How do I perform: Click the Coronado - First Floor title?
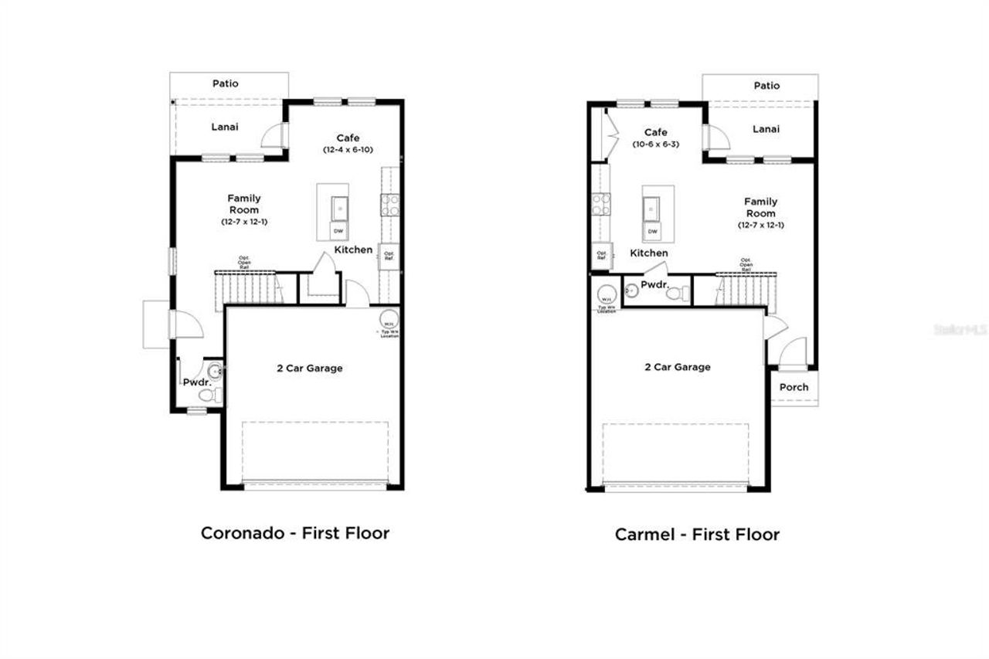294,532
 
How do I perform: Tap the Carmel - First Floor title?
697,534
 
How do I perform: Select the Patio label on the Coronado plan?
226,83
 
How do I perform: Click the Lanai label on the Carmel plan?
766,129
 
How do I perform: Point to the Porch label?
794,387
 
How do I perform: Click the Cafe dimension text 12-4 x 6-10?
348,149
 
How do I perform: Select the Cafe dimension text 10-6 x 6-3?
655,144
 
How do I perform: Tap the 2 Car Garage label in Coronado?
309,369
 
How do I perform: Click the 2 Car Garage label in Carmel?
678,367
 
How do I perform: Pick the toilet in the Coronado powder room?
207,395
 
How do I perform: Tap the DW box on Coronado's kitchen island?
338,230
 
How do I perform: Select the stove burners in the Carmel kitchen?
600,204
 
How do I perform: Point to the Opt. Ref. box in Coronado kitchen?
389,254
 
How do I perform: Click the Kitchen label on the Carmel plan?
649,253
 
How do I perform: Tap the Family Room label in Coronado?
243,204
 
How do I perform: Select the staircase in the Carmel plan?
746,290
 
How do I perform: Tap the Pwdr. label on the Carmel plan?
654,284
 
